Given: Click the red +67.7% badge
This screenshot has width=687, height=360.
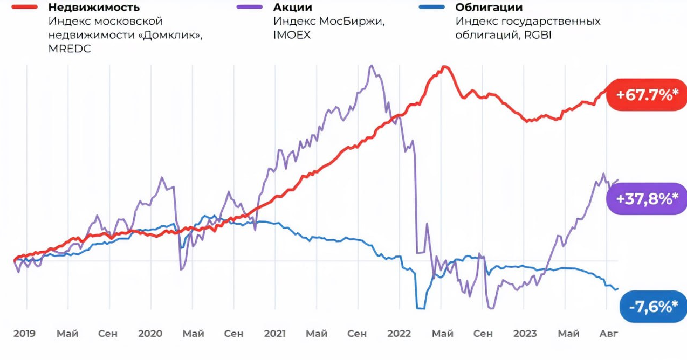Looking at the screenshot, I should click(x=647, y=95).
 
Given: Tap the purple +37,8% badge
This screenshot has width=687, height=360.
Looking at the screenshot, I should click(x=647, y=198).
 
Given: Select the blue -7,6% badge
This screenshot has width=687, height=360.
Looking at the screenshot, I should click(x=653, y=307).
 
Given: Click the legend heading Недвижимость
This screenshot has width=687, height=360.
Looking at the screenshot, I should click(x=94, y=8).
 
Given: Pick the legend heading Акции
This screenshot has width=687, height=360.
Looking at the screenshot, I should click(x=293, y=8).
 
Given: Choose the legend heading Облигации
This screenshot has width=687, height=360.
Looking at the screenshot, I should click(x=489, y=8).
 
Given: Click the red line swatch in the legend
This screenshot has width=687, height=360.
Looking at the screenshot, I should click(x=20, y=8).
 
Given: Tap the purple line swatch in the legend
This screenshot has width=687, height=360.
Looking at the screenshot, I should click(x=249, y=8).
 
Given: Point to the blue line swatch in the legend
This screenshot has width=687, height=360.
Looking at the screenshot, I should click(x=431, y=8).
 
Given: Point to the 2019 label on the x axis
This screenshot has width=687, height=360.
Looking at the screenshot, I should click(x=24, y=333).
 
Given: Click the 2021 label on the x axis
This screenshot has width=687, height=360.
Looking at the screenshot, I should click(x=274, y=333).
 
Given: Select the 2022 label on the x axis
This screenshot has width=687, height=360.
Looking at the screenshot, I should click(x=399, y=333).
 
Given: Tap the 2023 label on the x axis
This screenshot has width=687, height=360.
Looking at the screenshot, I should click(x=525, y=333).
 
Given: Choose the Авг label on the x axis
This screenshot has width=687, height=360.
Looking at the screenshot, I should click(x=608, y=333).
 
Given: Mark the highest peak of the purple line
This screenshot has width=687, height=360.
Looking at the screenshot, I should click(x=371, y=66).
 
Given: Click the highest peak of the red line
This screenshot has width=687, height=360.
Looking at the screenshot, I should click(x=444, y=67).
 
